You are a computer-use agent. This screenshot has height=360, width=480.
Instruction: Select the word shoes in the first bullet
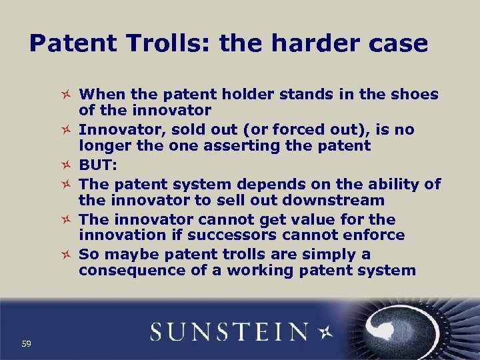[415, 95]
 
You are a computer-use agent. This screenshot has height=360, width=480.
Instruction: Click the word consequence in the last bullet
[124, 271]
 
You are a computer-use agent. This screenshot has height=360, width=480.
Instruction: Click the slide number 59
[27, 344]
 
